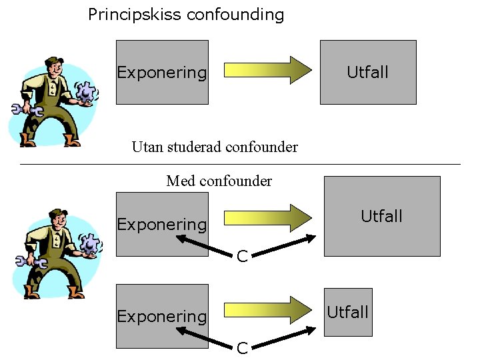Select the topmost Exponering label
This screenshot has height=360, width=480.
point(162,73)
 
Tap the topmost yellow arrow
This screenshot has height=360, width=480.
point(267,69)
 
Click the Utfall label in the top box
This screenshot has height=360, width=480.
point(367,72)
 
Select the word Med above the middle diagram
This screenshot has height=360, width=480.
point(180,181)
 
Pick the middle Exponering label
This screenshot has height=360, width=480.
point(162,225)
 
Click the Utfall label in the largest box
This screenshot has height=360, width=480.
point(381,216)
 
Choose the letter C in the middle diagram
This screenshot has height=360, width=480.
point(243,255)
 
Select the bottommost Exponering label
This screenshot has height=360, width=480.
point(162,317)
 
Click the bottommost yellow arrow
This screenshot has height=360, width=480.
point(267,309)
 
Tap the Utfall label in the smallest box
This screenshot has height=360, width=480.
point(347,312)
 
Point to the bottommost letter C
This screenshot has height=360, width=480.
point(243,347)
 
